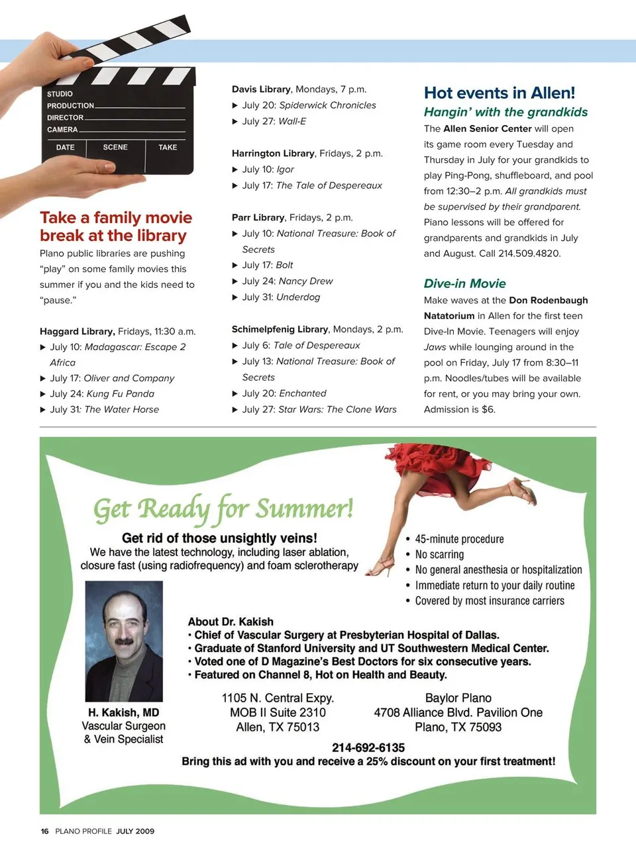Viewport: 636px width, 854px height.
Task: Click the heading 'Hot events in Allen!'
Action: tap(499, 93)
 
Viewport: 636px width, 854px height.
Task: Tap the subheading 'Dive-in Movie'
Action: tap(464, 283)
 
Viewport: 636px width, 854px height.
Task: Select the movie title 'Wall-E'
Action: tap(292, 121)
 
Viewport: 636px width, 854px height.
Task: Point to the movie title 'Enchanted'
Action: tap(302, 393)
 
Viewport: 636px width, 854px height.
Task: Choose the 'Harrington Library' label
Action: tap(273, 153)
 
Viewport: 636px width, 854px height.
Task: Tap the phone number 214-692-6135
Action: tap(368, 747)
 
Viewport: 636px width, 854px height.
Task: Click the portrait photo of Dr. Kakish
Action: tap(124, 641)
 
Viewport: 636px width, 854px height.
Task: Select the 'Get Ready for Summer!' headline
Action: tap(223, 509)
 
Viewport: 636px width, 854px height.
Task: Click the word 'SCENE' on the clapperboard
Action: tap(115, 147)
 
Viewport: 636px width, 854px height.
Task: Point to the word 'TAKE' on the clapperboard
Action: tap(168, 147)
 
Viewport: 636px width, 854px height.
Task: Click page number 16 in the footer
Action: tap(44, 831)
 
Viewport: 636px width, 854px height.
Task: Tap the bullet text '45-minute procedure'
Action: tap(459, 539)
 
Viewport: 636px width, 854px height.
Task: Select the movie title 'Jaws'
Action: tap(435, 347)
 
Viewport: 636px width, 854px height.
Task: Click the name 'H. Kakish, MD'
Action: tap(123, 712)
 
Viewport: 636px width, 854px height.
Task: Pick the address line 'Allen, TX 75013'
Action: tap(278, 727)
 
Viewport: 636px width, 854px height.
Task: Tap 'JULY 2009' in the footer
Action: tap(135, 831)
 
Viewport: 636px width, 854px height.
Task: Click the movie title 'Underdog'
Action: tap(298, 297)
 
